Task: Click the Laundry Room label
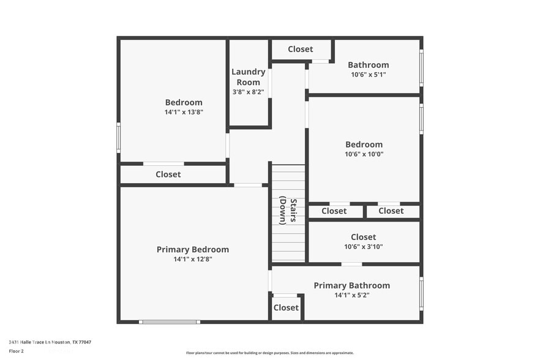(248, 77)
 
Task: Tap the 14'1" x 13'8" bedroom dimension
(184, 112)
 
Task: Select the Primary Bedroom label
(193, 249)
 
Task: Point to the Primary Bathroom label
(351, 285)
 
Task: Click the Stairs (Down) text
(288, 211)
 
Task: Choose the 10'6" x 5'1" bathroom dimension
(368, 75)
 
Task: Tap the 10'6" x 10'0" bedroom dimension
(364, 154)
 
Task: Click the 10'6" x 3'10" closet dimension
(364, 247)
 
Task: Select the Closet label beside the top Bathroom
(300, 49)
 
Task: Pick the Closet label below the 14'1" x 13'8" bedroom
(168, 174)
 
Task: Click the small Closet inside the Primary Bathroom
(286, 308)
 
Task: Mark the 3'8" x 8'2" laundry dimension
(248, 92)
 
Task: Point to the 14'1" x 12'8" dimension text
(193, 259)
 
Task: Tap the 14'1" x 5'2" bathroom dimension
(351, 295)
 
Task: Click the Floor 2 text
(16, 351)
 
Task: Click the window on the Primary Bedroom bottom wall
(169, 321)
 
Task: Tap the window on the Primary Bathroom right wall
(421, 294)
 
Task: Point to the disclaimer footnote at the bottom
(269, 353)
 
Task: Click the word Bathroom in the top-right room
(368, 65)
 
